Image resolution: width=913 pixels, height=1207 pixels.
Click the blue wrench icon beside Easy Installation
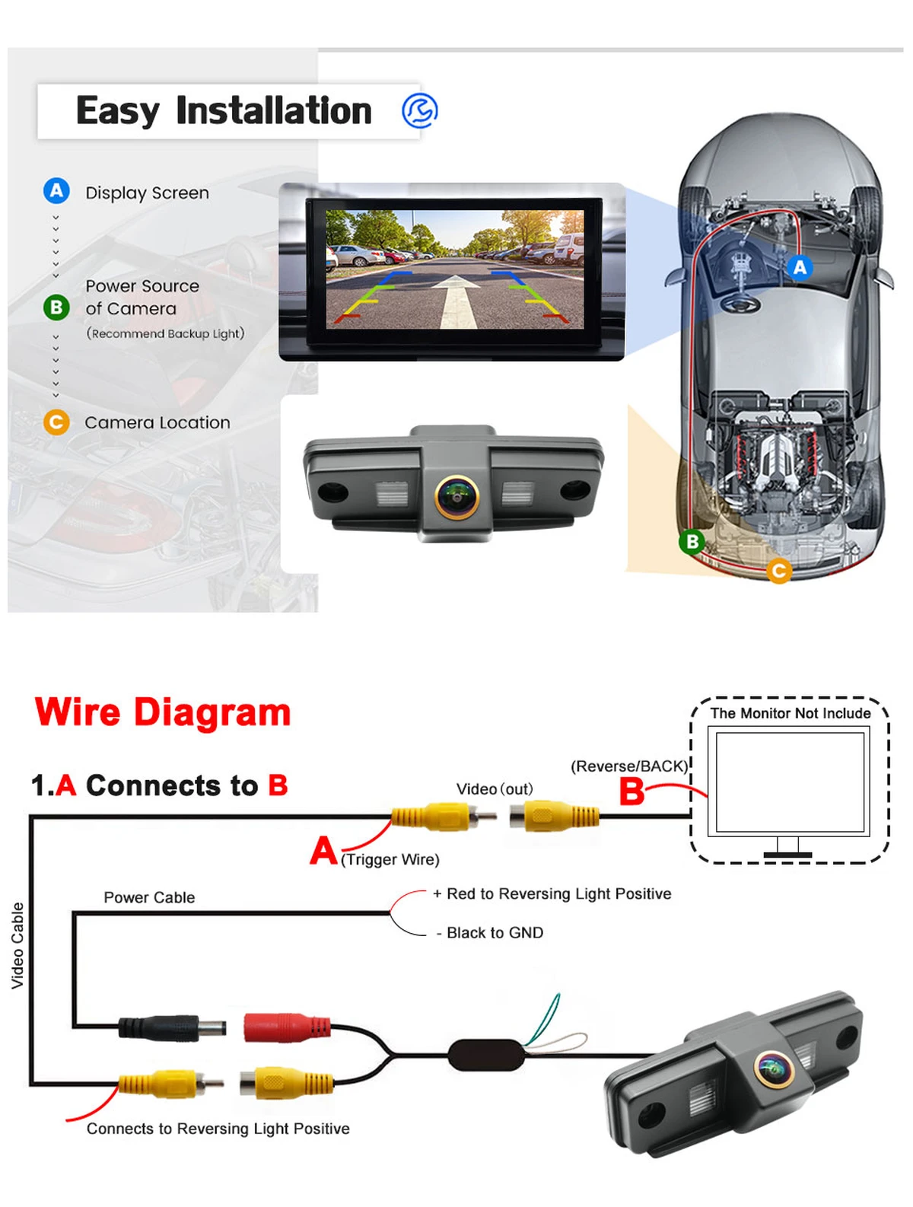(419, 110)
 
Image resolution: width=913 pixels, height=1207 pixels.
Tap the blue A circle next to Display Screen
(56, 190)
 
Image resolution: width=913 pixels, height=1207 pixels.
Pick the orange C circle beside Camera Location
(56, 422)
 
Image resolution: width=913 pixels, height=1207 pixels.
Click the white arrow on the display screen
(455, 301)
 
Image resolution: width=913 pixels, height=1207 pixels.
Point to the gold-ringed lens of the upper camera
(456, 496)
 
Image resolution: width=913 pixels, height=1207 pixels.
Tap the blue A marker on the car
(800, 267)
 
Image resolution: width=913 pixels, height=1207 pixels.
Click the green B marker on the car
(692, 541)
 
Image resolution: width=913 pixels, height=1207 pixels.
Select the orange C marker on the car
(778, 570)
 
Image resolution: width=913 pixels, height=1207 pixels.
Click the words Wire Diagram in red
(162, 712)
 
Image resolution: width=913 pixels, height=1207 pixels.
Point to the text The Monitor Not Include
(790, 713)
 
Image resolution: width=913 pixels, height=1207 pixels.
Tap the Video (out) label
(494, 789)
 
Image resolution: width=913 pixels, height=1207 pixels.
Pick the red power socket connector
(287, 1027)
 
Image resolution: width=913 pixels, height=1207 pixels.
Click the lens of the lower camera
(774, 1069)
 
